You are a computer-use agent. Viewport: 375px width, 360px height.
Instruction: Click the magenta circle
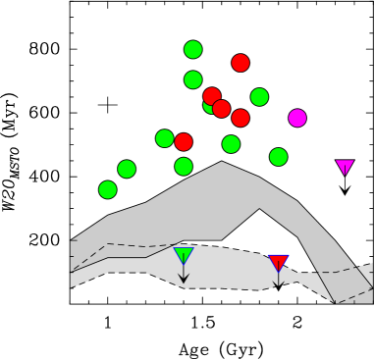pyautogui.click(x=297, y=118)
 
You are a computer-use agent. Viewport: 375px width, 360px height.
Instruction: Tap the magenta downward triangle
pyautogui.click(x=345, y=167)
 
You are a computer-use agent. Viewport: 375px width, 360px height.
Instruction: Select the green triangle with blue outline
pyautogui.click(x=184, y=255)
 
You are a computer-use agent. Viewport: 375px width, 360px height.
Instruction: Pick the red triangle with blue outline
pyautogui.click(x=278, y=262)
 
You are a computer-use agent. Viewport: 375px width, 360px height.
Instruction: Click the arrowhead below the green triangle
pyautogui.click(x=184, y=279)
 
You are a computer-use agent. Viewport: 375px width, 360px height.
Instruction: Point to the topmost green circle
pyautogui.click(x=193, y=49)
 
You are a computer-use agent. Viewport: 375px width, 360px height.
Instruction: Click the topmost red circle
pyautogui.click(x=241, y=63)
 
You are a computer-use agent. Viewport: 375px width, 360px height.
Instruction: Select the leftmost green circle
pyautogui.click(x=108, y=189)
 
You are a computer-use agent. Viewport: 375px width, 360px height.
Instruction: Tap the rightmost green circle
pyautogui.click(x=279, y=157)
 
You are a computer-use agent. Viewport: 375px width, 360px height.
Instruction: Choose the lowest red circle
pyautogui.click(x=184, y=142)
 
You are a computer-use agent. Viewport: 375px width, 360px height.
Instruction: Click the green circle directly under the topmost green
pyautogui.click(x=193, y=79)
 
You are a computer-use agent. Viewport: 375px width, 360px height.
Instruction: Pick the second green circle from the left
pyautogui.click(x=127, y=169)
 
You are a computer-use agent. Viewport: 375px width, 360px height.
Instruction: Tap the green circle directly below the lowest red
pyautogui.click(x=184, y=167)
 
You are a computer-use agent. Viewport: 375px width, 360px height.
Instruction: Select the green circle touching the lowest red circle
pyautogui.click(x=165, y=138)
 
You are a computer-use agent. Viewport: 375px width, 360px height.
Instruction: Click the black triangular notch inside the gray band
pyautogui.click(x=259, y=226)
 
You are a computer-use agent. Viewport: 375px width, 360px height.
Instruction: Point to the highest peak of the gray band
pyautogui.click(x=222, y=163)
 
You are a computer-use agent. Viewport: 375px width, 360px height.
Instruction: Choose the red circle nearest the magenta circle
pyautogui.click(x=241, y=118)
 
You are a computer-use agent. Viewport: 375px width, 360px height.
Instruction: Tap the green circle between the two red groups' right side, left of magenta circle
pyautogui.click(x=259, y=97)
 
